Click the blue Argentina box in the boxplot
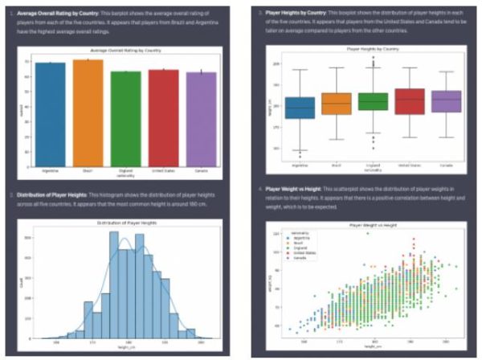click(x=300, y=107)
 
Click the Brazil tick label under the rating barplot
click(x=88, y=171)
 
